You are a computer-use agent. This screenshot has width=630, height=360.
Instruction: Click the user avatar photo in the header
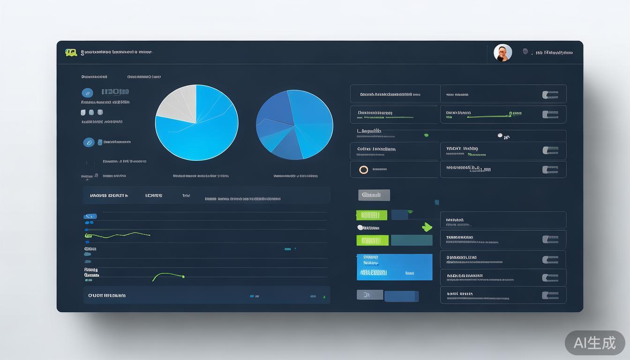coord(502,53)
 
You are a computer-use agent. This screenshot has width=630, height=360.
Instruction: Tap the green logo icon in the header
coord(71,52)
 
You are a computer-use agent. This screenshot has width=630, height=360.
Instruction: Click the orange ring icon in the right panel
coord(363,170)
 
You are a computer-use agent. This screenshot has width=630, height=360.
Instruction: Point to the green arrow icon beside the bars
coord(427,227)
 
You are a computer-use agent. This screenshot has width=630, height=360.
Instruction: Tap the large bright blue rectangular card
coord(394,267)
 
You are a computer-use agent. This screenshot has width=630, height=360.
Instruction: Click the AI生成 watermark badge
coord(594,343)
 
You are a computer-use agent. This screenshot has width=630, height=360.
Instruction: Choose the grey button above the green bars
coord(374,195)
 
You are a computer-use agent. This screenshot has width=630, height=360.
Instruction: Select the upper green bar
coord(371,215)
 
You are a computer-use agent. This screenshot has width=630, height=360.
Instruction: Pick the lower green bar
coord(372,240)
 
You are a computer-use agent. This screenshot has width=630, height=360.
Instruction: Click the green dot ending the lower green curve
coord(183,277)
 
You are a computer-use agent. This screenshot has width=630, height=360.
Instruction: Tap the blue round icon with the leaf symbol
coord(89,142)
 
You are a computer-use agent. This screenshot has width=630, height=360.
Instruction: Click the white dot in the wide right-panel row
coord(500,135)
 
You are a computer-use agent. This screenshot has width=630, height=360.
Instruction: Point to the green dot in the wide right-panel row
coord(426,135)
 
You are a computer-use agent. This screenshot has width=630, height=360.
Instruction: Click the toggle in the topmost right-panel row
coord(550,95)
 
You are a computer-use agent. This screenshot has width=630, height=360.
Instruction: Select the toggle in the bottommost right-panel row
coord(550,295)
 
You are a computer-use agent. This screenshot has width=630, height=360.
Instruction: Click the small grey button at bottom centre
coord(369,295)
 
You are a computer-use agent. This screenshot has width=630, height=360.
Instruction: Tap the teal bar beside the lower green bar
coord(412,240)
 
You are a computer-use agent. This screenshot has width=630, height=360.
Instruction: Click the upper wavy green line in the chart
coord(117,234)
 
